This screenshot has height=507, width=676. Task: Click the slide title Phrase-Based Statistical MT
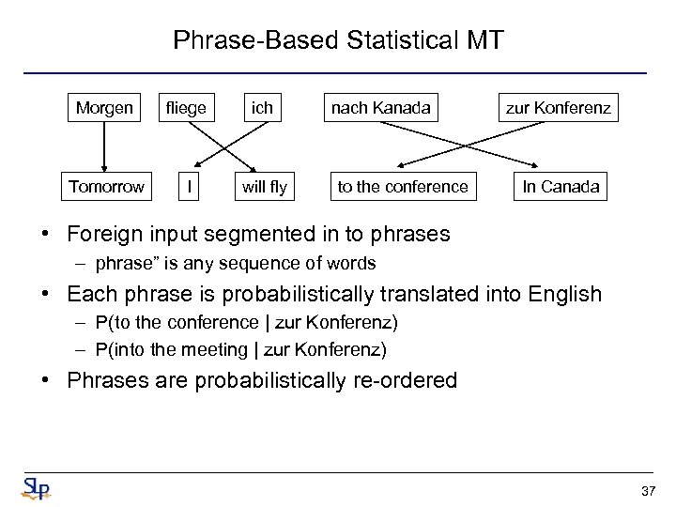click(x=338, y=40)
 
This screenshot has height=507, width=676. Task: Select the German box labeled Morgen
click(x=104, y=108)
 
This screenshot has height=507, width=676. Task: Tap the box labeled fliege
click(x=186, y=108)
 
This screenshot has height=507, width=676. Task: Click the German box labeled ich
click(x=262, y=108)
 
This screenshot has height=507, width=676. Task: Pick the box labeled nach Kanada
click(x=379, y=108)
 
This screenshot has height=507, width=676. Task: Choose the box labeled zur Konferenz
click(x=559, y=108)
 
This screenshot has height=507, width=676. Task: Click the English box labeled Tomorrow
click(x=107, y=186)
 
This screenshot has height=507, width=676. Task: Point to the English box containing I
click(x=191, y=186)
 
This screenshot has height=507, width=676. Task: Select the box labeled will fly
click(x=264, y=186)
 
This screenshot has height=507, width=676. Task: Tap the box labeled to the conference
click(x=402, y=186)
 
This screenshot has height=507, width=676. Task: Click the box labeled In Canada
click(x=561, y=186)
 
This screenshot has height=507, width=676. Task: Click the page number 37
click(x=647, y=491)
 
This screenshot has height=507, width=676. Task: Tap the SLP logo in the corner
click(x=36, y=488)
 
